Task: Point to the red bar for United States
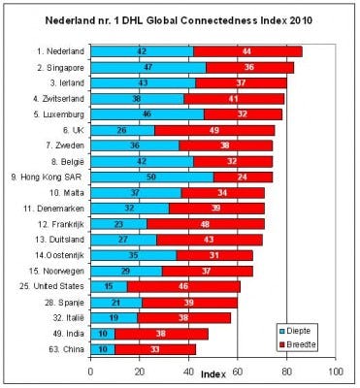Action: point(183,287)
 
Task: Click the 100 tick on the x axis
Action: point(337,372)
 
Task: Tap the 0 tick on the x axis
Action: point(91,372)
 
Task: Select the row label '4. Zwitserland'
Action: point(53,99)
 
